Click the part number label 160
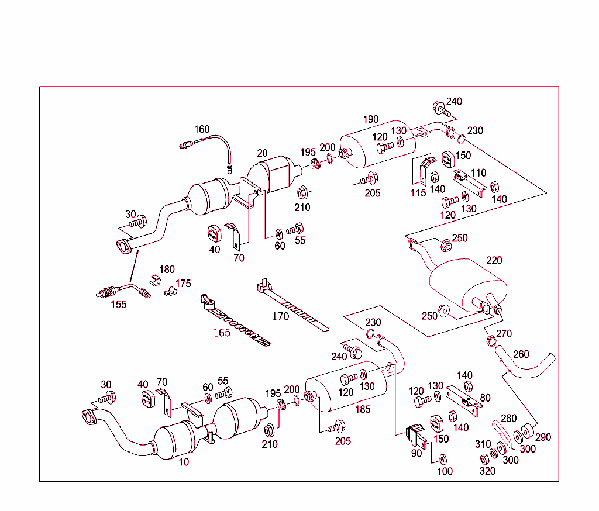pos(202,129)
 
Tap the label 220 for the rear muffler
pos(494,260)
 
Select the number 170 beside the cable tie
pos(281,317)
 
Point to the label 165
pos(222,333)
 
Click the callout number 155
pos(119,304)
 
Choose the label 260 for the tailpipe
pos(521,354)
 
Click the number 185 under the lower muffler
pos(363,409)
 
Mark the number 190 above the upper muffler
pos(370,119)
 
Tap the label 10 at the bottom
pos(184,461)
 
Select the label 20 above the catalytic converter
pos(262,153)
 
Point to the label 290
pos(542,437)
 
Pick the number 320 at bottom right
pos(487,471)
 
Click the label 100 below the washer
pos(445,471)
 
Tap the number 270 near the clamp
pos(504,334)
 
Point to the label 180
pos(167,270)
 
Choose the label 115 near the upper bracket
pos(418,193)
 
